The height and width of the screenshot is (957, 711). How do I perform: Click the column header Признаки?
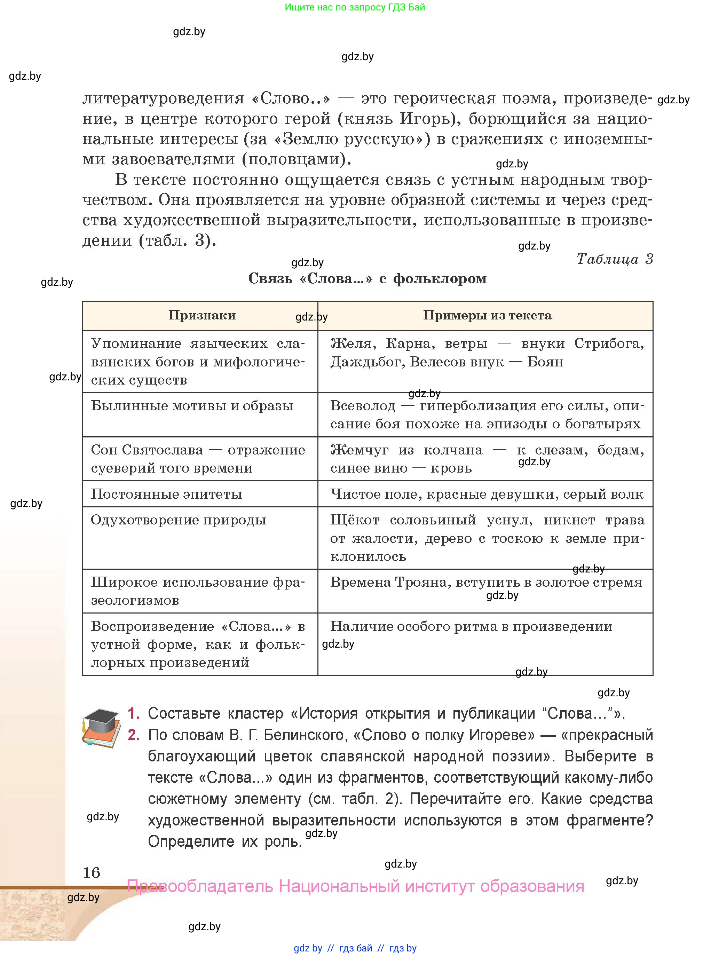point(202,315)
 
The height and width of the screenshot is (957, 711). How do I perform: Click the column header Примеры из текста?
point(487,315)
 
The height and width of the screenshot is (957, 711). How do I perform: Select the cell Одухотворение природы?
point(179,520)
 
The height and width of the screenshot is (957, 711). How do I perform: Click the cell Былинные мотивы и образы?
point(192,405)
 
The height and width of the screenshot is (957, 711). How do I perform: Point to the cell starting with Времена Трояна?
point(486,582)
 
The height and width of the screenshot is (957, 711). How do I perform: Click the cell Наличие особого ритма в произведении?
point(471,626)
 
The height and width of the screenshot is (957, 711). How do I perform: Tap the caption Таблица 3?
point(614,259)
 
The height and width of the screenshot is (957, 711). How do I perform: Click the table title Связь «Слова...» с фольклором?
point(367,278)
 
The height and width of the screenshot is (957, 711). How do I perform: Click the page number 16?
point(91,873)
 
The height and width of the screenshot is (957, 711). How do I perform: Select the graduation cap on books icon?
point(102,728)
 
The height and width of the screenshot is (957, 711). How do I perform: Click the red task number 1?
point(133,713)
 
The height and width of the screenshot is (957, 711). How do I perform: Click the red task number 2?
point(133,735)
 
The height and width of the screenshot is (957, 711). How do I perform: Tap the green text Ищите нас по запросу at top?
point(355,7)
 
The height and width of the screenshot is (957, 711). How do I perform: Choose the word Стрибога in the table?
point(609,343)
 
